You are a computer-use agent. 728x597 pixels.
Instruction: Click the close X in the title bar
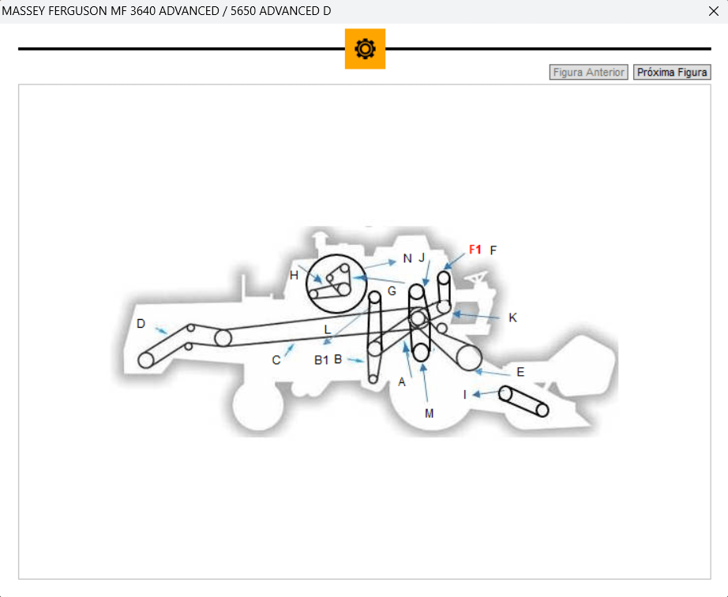[x=714, y=11]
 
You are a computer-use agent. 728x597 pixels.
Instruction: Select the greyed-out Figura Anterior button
[x=588, y=73]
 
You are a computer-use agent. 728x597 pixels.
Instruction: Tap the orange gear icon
[x=365, y=49]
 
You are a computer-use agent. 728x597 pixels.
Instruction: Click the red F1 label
[x=475, y=250]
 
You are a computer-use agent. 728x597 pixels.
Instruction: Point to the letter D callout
[x=141, y=324]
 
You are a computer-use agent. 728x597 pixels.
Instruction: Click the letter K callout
[x=512, y=317]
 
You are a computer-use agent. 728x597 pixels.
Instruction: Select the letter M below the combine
[x=429, y=413]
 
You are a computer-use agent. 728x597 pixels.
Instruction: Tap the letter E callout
[x=520, y=372]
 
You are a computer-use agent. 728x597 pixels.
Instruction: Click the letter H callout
[x=294, y=276]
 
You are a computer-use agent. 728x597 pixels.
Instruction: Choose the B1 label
[x=321, y=360]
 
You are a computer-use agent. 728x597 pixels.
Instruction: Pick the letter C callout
[x=276, y=360]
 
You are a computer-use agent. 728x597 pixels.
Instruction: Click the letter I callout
[x=465, y=395]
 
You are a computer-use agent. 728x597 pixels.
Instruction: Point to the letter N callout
[x=407, y=258]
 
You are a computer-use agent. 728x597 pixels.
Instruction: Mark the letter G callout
[x=392, y=291]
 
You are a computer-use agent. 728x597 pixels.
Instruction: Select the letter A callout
[x=402, y=382]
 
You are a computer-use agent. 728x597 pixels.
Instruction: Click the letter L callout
[x=328, y=329]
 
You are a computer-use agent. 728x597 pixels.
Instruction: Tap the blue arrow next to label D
[x=161, y=331]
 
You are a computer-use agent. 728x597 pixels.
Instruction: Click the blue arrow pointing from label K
[x=476, y=316]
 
